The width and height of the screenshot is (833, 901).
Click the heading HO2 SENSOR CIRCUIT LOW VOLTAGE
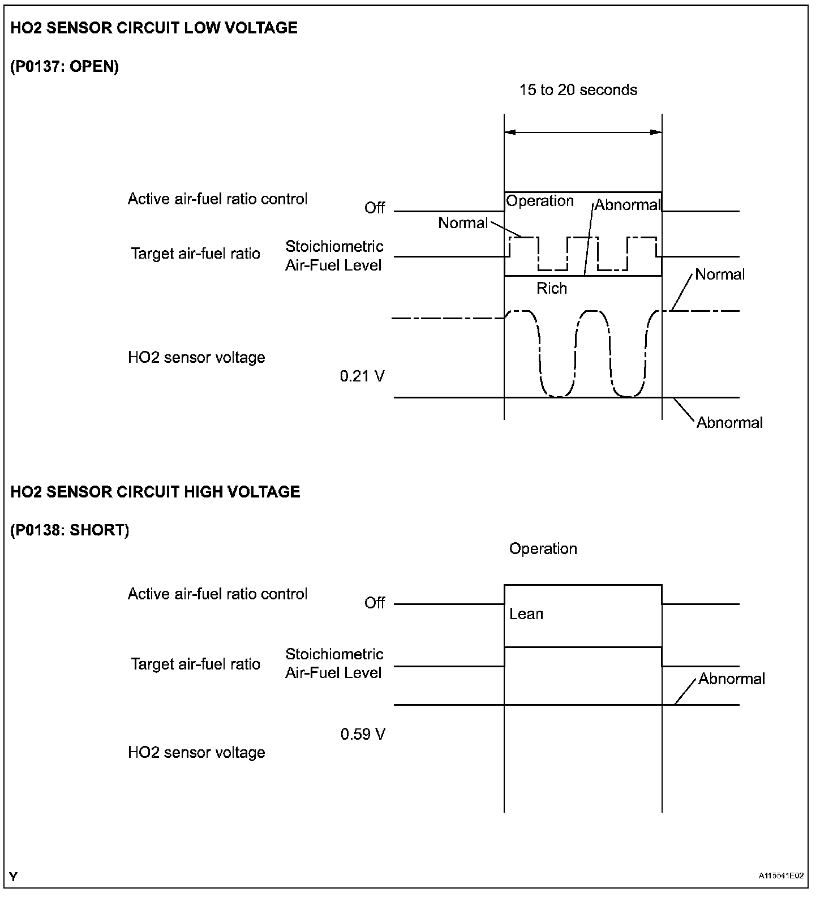[x=154, y=28]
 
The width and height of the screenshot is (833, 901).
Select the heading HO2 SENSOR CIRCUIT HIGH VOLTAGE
[x=155, y=492]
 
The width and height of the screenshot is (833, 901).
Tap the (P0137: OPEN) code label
[x=65, y=67]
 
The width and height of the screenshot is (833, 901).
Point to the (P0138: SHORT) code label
[x=70, y=530]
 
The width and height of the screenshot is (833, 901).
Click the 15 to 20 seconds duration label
[x=578, y=90]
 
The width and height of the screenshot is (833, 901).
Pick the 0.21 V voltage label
[x=362, y=376]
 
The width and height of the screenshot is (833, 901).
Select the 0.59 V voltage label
[x=363, y=734]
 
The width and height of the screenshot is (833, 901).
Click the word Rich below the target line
[x=551, y=289]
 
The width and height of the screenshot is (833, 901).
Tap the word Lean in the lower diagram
[x=526, y=614]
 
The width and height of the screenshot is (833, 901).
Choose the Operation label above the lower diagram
[x=543, y=549]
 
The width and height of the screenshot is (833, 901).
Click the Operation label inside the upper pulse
[x=539, y=201]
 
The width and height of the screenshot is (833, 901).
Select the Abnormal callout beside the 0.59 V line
[x=731, y=679]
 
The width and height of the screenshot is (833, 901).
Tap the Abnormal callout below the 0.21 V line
[x=729, y=423]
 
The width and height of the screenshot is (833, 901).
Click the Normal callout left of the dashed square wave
[x=462, y=223]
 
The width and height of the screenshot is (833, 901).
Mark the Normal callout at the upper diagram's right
[x=719, y=274]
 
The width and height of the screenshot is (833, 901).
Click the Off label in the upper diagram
[x=375, y=208]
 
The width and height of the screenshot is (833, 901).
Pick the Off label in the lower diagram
[x=375, y=603]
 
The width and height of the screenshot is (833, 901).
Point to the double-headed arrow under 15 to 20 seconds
[x=583, y=132]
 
